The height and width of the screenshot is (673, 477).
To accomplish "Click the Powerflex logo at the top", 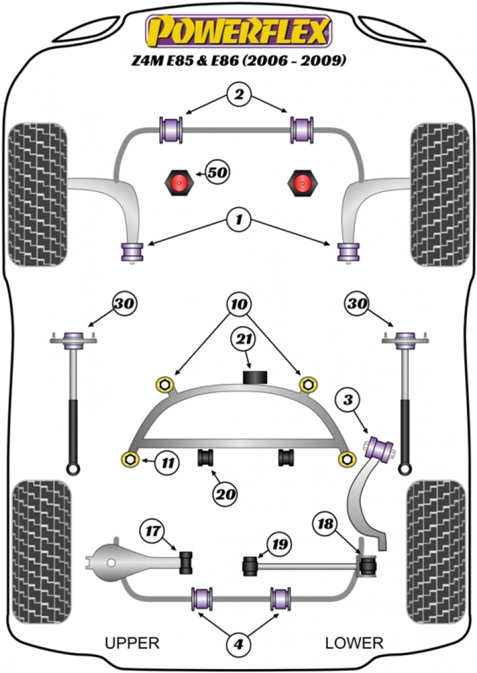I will tap(238, 31).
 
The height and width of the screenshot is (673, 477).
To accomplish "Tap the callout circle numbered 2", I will tap(239, 95).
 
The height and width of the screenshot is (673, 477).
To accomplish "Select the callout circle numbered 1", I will tap(238, 220).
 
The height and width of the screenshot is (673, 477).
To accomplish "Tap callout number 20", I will tap(225, 494).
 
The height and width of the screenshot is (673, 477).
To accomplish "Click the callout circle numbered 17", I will tap(153, 531).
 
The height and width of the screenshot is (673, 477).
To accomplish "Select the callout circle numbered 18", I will tap(326, 524).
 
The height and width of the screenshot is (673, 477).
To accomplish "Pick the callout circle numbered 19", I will tap(279, 544).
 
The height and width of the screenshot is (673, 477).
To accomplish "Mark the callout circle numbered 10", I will tap(239, 305).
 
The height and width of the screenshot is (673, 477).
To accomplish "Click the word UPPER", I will tap(132, 643).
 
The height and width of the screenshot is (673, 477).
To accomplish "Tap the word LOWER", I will tap(354, 643).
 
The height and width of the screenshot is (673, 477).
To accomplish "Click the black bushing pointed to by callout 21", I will tap(254, 377).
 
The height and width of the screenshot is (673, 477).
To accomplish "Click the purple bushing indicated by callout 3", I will tap(381, 449).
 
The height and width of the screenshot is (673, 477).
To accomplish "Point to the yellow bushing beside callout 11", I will tap(130, 459).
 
